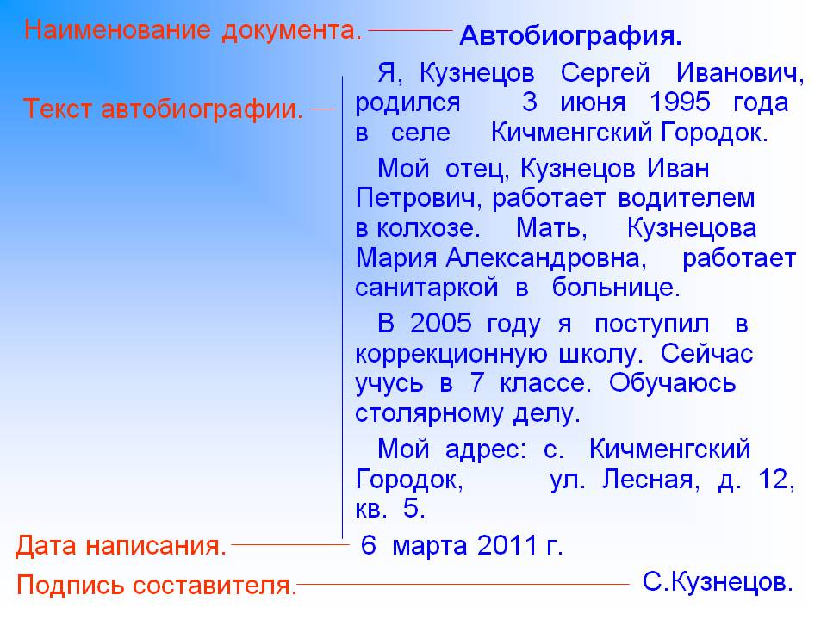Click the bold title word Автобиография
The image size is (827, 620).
coord(570,37)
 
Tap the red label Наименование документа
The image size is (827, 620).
coord(193,31)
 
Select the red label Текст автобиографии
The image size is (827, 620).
coord(164,109)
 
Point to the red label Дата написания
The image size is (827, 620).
coord(121,546)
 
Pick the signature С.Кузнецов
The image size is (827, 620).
coord(718,582)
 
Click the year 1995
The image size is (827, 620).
coord(680,102)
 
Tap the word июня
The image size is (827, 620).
coord(593,102)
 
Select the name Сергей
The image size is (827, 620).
coord(605,73)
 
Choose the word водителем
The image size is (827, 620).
coord(687,199)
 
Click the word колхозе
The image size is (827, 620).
coord(428,228)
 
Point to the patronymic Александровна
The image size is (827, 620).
coord(546,259)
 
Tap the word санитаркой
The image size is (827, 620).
coord(426,288)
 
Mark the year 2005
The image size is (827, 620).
coord(441,323)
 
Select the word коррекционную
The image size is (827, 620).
coord(451,355)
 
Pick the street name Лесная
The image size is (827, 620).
coord(651,480)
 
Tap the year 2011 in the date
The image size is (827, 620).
coord(507,545)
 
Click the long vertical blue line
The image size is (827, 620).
coord(342,307)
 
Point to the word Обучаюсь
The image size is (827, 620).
coord(672,384)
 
